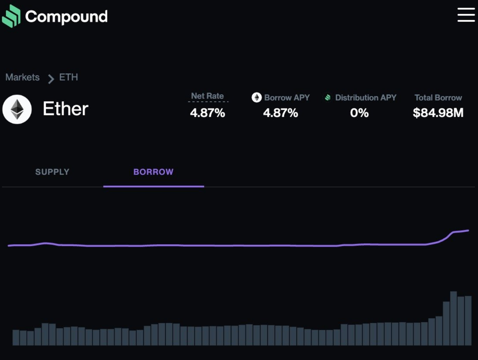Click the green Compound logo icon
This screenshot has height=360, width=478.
[11, 16]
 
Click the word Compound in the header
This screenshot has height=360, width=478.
[66, 17]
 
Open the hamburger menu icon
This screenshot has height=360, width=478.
[466, 15]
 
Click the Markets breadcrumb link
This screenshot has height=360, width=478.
[22, 77]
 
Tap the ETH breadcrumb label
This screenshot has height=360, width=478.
[68, 77]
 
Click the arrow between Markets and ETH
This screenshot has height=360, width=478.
[51, 79]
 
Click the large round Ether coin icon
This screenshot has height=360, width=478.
[17, 109]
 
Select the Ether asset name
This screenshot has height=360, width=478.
[65, 109]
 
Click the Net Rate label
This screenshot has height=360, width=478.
[208, 96]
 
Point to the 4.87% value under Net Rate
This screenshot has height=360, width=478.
[208, 113]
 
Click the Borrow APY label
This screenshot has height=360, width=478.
[287, 98]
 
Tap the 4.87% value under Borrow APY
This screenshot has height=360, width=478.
[280, 113]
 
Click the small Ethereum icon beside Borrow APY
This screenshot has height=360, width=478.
[257, 97]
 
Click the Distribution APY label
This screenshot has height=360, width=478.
[365, 98]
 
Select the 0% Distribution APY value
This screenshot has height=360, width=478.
[359, 113]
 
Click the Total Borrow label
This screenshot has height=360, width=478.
[438, 98]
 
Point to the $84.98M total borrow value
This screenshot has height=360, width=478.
[438, 113]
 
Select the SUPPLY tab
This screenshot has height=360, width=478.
[52, 172]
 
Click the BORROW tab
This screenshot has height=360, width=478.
[153, 172]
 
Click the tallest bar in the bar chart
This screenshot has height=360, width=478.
[453, 318]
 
